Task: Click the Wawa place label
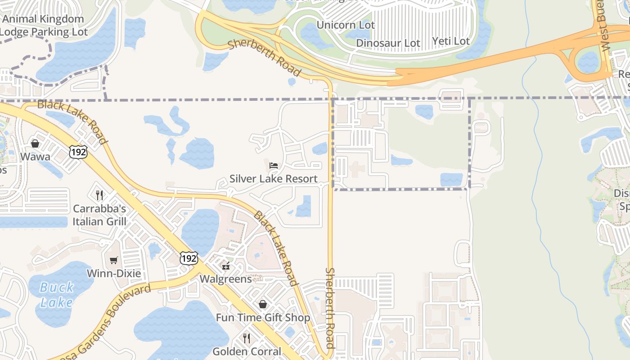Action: (35, 157)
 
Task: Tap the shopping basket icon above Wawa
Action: (35, 144)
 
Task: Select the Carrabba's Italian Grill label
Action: (99, 215)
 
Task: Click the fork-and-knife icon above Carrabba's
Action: (99, 195)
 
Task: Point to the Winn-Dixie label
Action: (114, 274)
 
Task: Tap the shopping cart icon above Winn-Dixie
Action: (114, 260)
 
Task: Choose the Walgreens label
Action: (225, 279)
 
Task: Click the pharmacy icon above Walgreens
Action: (226, 265)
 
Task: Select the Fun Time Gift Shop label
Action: (263, 318)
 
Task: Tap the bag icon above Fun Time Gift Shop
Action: (263, 304)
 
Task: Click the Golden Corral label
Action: (247, 351)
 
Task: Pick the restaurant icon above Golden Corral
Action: (247, 337)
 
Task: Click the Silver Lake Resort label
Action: (274, 179)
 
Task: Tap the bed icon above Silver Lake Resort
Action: (274, 165)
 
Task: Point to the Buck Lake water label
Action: (56, 294)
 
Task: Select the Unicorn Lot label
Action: (346, 25)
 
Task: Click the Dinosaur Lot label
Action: (388, 43)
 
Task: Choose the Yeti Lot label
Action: (451, 41)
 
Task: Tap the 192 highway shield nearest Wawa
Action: (78, 152)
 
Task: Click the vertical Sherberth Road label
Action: (330, 308)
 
